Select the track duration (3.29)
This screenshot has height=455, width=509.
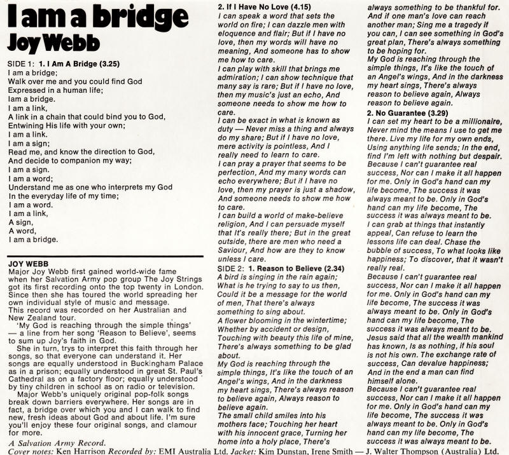pos(438,112)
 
